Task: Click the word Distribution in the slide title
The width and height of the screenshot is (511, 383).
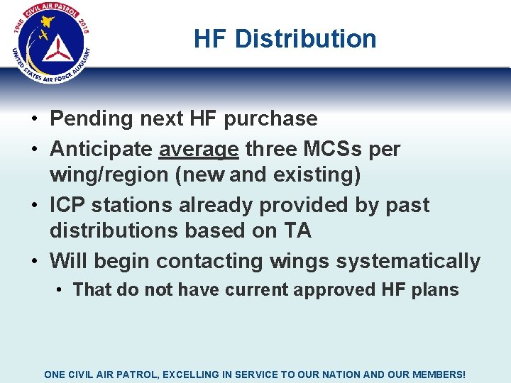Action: pos(305,39)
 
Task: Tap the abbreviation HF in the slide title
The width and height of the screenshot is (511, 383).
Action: pos(211,39)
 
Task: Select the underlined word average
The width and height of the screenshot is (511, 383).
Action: pos(199,150)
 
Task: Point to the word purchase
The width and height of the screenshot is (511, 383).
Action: pos(270,119)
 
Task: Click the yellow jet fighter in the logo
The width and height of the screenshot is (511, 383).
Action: pos(44,35)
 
